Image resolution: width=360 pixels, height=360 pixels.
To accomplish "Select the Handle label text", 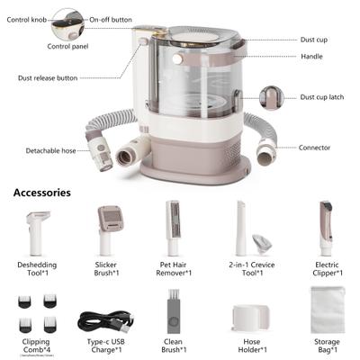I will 312,57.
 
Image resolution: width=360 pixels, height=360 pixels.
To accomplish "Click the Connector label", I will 315,148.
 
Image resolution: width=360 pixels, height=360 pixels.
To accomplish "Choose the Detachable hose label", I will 51,150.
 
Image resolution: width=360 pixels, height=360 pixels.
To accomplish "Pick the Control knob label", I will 25,17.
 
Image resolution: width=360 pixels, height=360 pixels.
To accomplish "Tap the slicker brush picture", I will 108,229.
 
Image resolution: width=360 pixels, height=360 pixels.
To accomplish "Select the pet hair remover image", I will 174,229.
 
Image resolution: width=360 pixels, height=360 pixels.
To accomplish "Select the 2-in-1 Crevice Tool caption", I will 248,270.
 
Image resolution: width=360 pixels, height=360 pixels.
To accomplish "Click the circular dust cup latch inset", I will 271,97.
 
